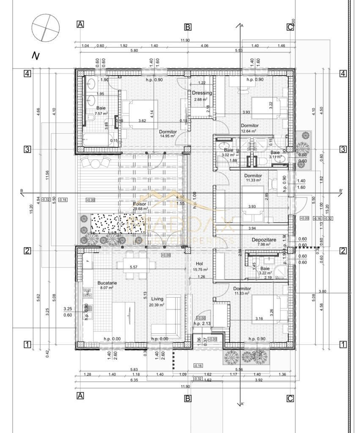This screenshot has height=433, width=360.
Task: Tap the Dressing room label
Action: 202,93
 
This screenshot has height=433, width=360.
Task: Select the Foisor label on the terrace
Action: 139,203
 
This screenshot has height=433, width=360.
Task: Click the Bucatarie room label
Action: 107,283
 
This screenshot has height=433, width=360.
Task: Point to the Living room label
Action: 157,299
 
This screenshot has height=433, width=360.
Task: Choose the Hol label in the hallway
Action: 200,263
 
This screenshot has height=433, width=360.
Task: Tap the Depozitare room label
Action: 264,240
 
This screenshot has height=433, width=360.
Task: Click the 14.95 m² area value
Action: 168,137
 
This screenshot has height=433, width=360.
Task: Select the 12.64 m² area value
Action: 250,131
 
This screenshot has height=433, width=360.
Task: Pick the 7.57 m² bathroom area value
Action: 101,114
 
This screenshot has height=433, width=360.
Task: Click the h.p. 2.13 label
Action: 202,324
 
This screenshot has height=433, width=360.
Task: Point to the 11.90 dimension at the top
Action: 185,41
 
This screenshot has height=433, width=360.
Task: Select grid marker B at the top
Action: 188,27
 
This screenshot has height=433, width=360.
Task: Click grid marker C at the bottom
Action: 290,398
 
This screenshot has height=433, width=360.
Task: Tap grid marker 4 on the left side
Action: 27,74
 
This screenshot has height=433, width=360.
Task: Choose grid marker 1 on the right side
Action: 343,345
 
